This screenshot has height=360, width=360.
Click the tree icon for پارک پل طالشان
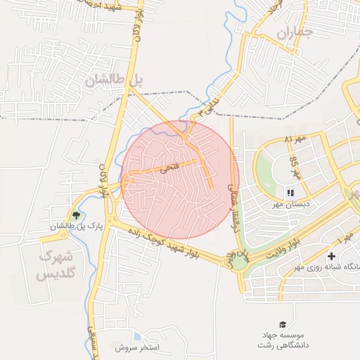(x=77, y=215)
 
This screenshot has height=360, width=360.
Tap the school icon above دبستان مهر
(x=290, y=193)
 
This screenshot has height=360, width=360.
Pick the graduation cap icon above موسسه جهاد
(x=282, y=324)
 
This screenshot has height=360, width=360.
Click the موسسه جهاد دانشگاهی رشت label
(x=304, y=341)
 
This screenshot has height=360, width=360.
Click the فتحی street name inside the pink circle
(x=170, y=168)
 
